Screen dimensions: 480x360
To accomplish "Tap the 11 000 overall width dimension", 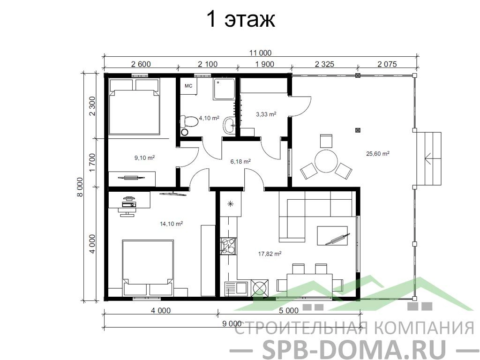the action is click(x=260, y=53).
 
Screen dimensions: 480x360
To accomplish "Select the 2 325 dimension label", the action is click(x=324, y=64).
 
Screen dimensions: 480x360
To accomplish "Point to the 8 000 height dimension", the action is click(x=80, y=187).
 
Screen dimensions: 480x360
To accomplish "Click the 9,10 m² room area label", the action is click(x=144, y=158).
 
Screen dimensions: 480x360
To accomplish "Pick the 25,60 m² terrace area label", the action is click(x=378, y=153).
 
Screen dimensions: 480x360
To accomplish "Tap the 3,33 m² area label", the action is click(x=266, y=114).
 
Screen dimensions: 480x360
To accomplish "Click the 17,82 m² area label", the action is click(x=270, y=254).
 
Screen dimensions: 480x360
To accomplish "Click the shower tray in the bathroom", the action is click(x=225, y=89).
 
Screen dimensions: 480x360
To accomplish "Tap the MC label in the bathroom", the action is click(x=188, y=86).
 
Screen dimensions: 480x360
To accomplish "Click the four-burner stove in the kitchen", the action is click(x=228, y=247).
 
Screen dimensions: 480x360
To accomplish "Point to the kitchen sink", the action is click(x=236, y=288).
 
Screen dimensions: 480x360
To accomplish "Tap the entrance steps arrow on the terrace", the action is click(x=433, y=158).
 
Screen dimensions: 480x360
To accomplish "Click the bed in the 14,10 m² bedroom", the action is click(x=148, y=268).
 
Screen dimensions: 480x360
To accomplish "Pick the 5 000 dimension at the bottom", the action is click(x=288, y=311).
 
